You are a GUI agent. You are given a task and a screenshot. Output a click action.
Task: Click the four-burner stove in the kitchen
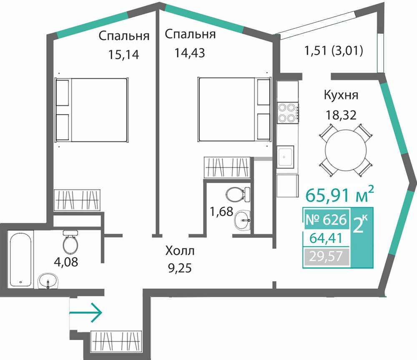coord(287,113)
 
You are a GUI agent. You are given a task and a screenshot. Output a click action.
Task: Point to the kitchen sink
coord(285,157)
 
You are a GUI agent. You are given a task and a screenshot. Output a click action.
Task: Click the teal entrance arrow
coord(85,312)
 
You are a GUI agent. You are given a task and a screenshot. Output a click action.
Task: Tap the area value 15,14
coord(123,55)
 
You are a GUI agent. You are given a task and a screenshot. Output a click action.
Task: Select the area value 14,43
coord(189,53)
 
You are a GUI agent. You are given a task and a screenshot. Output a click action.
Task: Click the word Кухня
coord(341,95)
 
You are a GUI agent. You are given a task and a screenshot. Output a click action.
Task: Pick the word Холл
coord(180,251)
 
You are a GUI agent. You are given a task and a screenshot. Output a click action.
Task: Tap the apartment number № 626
coord(327,220)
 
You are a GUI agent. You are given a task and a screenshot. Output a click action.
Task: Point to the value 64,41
coord(326,238)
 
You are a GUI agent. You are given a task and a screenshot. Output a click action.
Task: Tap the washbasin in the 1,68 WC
coord(242,220)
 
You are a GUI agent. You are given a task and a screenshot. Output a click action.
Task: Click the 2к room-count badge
coord(362,225)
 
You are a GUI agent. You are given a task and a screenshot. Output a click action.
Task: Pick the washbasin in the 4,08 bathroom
coord(48,281)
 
